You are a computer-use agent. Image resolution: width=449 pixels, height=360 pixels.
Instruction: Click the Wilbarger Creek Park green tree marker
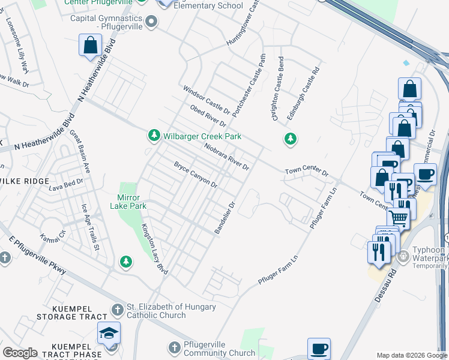[x=154, y=136]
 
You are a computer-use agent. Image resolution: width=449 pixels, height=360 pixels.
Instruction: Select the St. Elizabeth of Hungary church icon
[x=118, y=311]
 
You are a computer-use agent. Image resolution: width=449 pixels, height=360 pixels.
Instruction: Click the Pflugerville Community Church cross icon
[x=174, y=348]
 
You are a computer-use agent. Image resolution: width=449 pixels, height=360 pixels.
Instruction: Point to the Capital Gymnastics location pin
[x=152, y=22]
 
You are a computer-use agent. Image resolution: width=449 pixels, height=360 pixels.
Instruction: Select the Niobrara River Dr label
[x=226, y=156]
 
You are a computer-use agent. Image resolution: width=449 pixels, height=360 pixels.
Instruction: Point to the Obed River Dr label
[x=207, y=115]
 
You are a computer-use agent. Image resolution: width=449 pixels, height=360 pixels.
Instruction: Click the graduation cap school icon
[x=109, y=333]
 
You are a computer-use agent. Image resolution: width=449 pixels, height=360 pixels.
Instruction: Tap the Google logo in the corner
[x=20, y=353]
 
